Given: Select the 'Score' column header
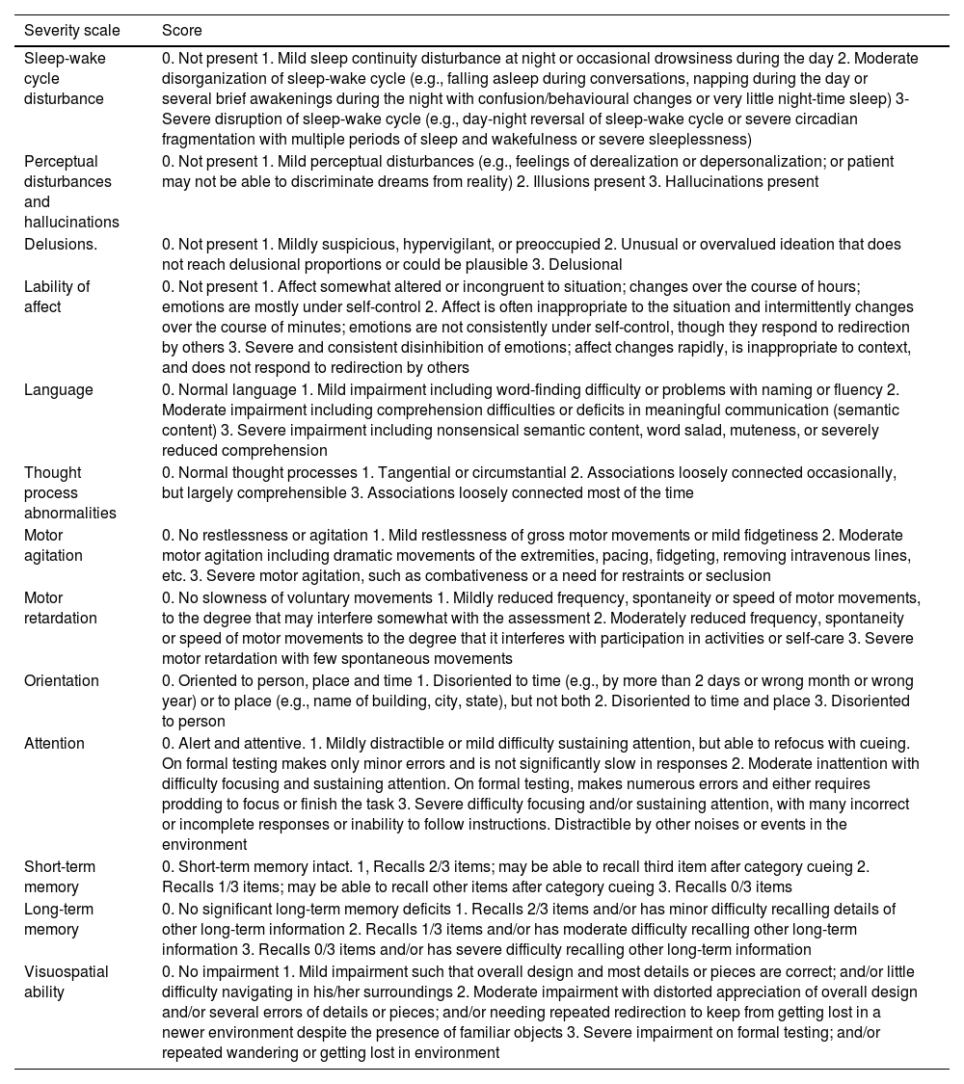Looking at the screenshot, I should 181,31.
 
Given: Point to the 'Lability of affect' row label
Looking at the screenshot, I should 57,297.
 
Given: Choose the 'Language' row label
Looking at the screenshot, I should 59,389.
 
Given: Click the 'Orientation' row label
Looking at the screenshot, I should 62,680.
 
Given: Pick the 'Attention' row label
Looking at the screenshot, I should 54,743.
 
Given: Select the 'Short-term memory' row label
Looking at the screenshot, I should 60,877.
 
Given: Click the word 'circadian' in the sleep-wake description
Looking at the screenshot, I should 870,119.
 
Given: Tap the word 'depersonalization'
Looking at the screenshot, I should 724,161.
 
